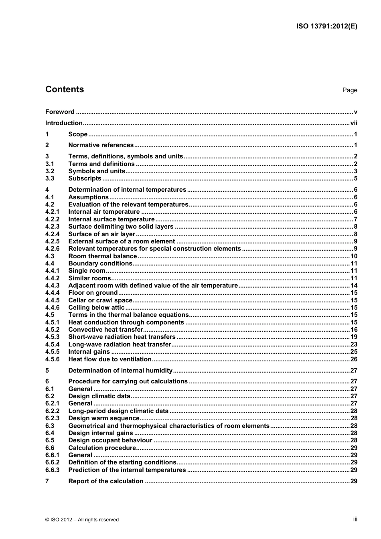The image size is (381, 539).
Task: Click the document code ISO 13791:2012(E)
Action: (326, 26)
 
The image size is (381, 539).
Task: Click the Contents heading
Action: (65, 89)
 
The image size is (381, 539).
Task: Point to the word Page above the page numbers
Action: (349, 90)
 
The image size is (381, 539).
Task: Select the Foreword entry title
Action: (60, 112)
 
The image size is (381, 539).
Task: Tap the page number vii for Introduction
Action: (353, 123)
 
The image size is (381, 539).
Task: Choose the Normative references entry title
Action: (101, 145)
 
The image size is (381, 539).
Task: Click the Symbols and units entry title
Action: (97, 171)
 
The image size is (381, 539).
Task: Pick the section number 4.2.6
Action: (52, 249)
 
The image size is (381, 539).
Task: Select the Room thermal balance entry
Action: (103, 256)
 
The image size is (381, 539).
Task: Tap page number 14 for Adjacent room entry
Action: (354, 286)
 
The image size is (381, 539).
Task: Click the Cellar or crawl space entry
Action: (100, 300)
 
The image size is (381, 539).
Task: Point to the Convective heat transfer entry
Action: (106, 330)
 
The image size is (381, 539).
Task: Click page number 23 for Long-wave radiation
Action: (354, 344)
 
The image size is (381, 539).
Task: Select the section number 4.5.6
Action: (52, 359)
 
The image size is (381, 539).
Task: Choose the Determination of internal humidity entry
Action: (120, 371)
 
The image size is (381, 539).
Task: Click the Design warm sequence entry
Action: (104, 418)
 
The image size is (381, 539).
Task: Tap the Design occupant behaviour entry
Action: (110, 440)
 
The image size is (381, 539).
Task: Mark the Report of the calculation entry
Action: (106, 481)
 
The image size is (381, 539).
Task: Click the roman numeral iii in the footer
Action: (355, 519)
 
